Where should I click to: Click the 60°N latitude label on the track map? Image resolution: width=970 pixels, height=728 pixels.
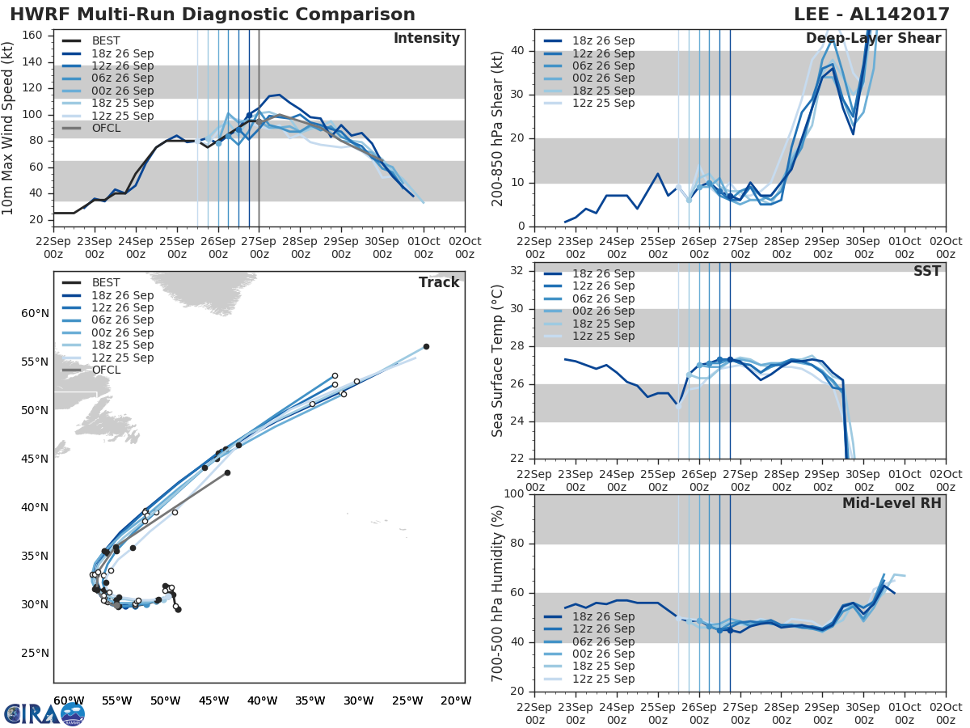coord(35,313)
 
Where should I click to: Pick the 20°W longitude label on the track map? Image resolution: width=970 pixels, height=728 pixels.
coord(457,700)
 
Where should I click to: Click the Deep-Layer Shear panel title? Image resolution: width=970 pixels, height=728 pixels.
coord(873,39)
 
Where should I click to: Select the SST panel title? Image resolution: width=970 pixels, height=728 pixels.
coord(927,272)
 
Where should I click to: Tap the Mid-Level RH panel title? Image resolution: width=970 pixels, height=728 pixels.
coord(892,503)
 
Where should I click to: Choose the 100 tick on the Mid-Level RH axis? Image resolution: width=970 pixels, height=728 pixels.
coord(515,494)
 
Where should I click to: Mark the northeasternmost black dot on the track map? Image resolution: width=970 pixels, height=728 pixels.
coord(426,346)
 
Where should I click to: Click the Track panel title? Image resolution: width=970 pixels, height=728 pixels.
coord(438,282)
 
